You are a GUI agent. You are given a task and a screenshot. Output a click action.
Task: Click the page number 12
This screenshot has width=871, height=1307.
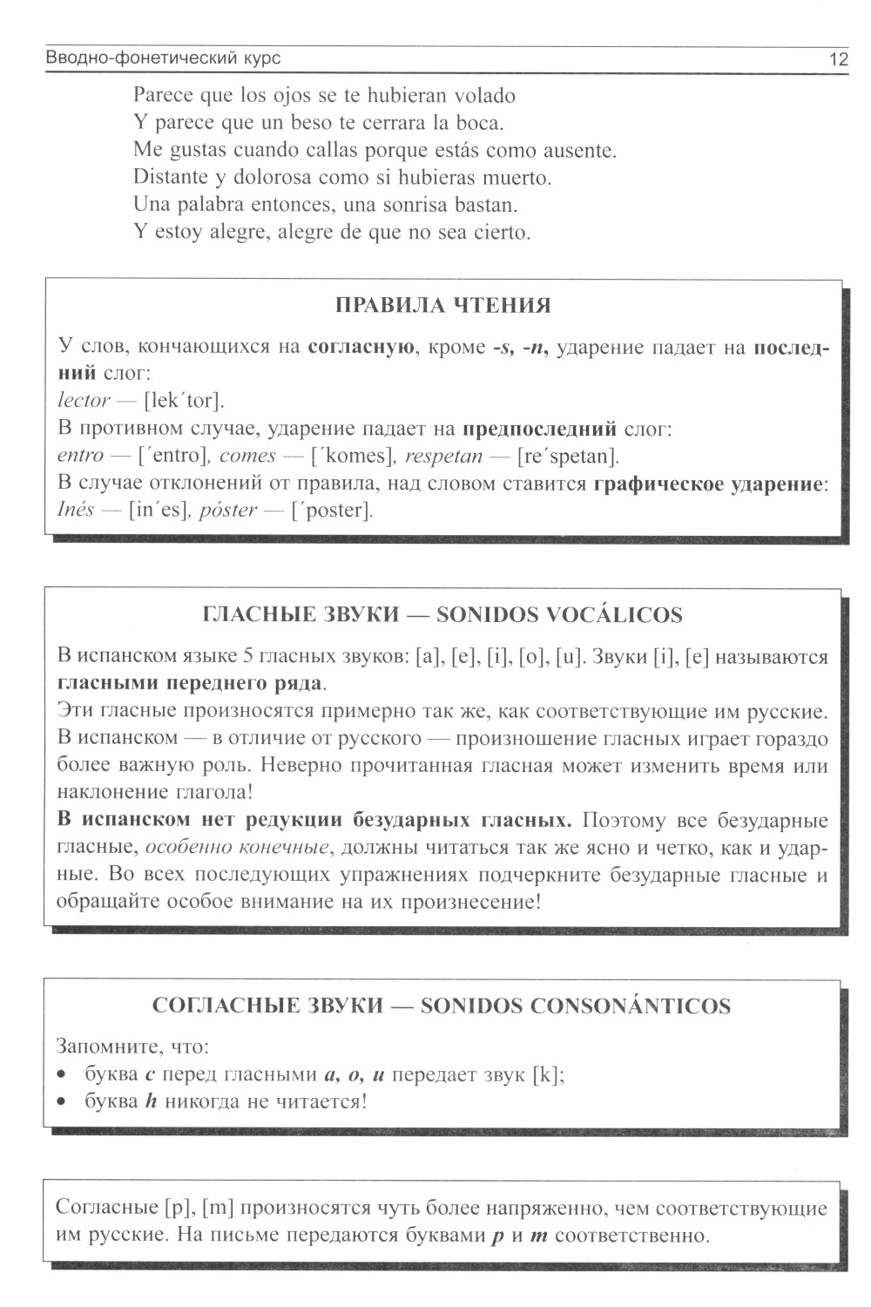click(x=838, y=59)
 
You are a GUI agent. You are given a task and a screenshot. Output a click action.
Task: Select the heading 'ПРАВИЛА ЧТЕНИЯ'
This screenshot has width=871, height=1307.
click(x=442, y=306)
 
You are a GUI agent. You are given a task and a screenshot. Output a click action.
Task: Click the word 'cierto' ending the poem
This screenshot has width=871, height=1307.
click(x=502, y=233)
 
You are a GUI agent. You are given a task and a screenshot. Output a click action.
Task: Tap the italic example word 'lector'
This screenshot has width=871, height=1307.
click(x=84, y=401)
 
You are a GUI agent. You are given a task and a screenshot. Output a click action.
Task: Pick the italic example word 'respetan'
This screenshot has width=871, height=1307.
click(x=443, y=456)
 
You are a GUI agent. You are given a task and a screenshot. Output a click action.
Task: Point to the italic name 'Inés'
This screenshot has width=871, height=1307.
click(x=75, y=510)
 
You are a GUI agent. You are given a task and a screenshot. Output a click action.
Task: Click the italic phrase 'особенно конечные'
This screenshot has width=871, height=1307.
click(x=237, y=847)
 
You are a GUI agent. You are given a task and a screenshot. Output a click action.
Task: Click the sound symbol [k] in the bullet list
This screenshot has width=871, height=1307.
click(x=546, y=1074)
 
